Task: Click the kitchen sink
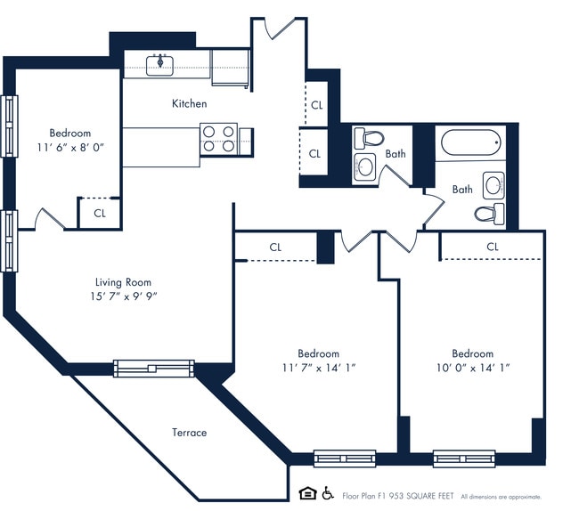pyautogui.click(x=161, y=62)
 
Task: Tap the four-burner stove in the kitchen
pyautogui.click(x=218, y=139)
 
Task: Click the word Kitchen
pyautogui.click(x=189, y=104)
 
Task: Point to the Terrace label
pyautogui.click(x=189, y=433)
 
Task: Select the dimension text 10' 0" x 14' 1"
pyautogui.click(x=472, y=367)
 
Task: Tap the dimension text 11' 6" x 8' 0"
pyautogui.click(x=69, y=148)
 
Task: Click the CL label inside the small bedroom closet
pyautogui.click(x=99, y=213)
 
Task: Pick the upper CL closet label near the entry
pyautogui.click(x=317, y=104)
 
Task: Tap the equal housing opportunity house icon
pyautogui.click(x=307, y=492)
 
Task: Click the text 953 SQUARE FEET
pyautogui.click(x=424, y=496)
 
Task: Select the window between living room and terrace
pyautogui.click(x=153, y=368)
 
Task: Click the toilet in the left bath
pyautogui.click(x=368, y=138)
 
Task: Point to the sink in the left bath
pyautogui.click(x=365, y=166)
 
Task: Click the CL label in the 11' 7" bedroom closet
pyautogui.click(x=275, y=247)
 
